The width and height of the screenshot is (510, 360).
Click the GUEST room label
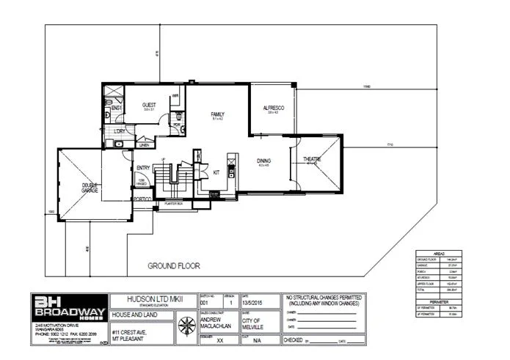(149, 105)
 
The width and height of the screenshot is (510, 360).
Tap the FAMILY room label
(217, 114)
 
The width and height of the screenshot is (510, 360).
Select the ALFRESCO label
(274, 108)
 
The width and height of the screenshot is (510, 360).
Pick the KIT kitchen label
(216, 172)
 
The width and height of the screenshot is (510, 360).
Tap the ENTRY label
(144, 168)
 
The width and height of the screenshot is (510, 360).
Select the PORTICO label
(142, 199)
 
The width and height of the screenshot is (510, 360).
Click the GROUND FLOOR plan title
(174, 265)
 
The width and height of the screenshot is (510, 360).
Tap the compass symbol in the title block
(188, 326)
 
